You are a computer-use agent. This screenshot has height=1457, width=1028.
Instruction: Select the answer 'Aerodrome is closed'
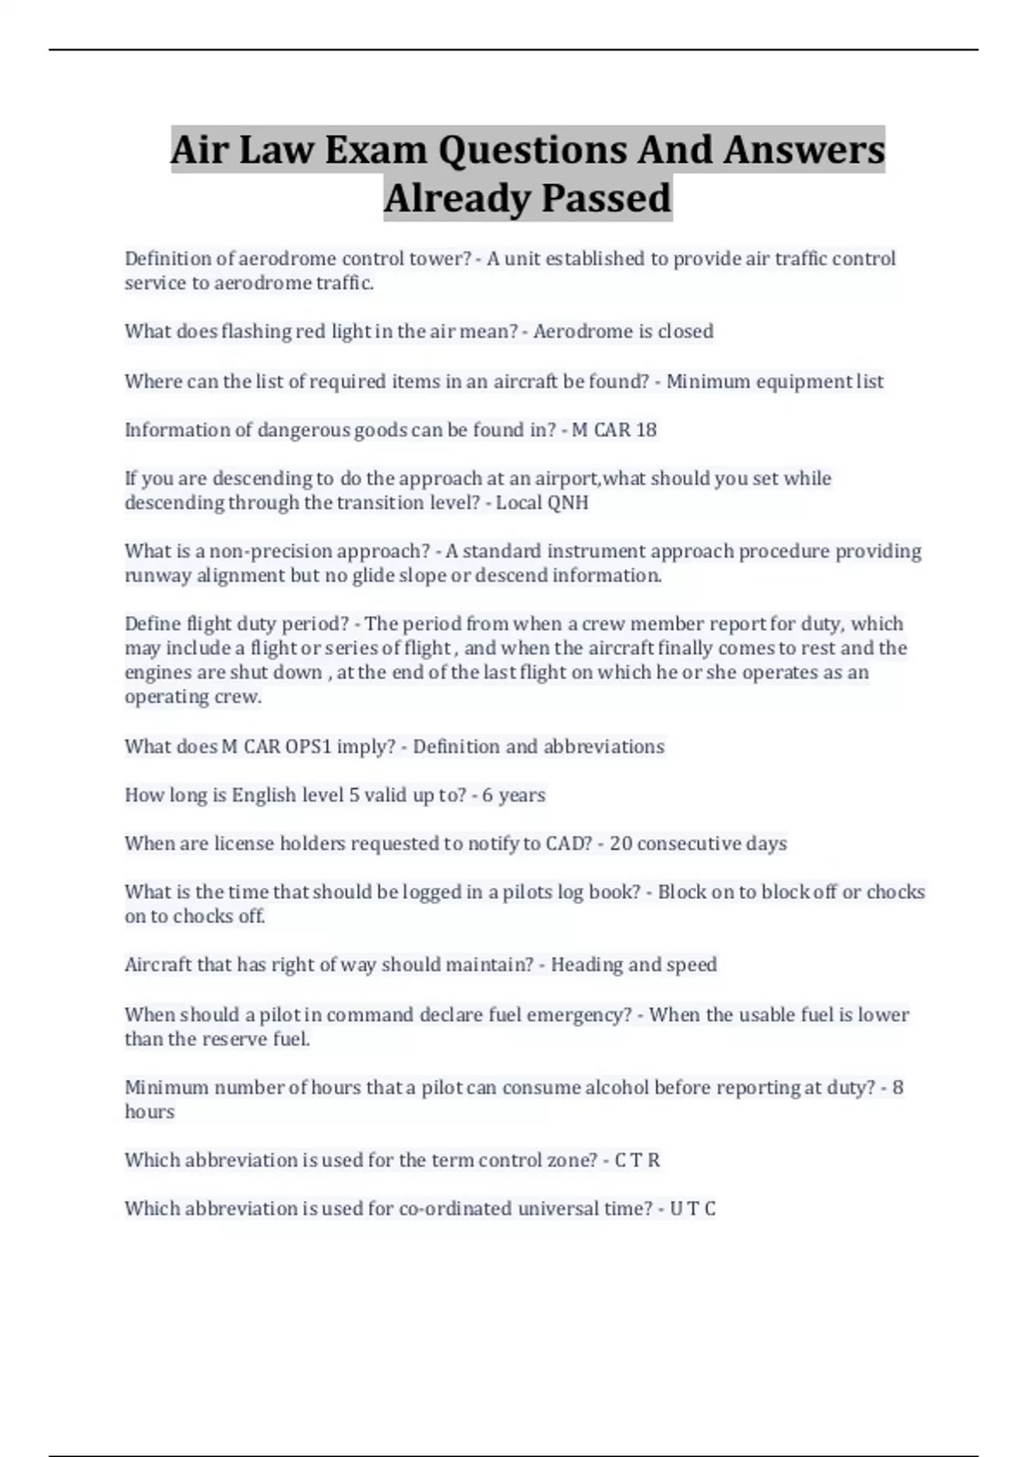(623, 332)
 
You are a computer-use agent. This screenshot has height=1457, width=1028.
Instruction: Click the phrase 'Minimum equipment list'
(774, 381)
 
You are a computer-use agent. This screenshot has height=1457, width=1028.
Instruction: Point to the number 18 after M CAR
(646, 430)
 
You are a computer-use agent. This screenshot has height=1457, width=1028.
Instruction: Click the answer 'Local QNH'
(542, 503)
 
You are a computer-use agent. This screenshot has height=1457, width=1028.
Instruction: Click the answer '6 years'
(514, 795)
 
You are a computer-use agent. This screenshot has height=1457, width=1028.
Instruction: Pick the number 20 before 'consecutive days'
(621, 844)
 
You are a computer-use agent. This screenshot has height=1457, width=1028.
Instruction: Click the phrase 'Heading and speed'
(634, 965)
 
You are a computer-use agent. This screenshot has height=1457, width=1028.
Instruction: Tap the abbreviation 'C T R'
(637, 1160)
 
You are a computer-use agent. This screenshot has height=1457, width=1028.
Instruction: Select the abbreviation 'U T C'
(692, 1209)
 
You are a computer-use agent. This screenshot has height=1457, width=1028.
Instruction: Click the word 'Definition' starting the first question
(168, 259)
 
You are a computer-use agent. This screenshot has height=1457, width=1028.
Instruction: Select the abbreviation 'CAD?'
(569, 844)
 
